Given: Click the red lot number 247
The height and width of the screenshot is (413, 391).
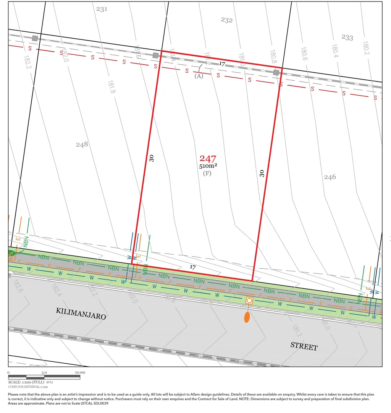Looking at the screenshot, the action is click(x=208, y=159).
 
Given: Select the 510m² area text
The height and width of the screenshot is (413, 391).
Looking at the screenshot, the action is click(x=208, y=166).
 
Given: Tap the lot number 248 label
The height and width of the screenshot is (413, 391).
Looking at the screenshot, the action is click(x=82, y=144).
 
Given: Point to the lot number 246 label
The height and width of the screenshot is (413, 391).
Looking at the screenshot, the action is click(x=330, y=177).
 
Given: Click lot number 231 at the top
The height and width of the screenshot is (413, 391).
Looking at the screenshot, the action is click(x=102, y=9).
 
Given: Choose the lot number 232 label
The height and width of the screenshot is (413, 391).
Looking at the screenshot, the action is click(x=226, y=20).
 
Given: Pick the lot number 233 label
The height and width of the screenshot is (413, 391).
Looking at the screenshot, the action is click(x=347, y=37).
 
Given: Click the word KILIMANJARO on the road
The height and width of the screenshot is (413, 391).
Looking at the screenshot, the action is click(x=81, y=314).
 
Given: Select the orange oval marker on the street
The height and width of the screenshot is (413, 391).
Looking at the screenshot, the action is click(x=247, y=317).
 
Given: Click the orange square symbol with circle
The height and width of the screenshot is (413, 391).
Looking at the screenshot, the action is click(x=249, y=301).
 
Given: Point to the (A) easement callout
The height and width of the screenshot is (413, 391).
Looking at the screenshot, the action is click(x=199, y=76).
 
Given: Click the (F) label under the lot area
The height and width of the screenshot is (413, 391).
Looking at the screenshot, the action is click(x=207, y=173).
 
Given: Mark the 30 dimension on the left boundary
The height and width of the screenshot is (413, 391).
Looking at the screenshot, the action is click(x=152, y=158).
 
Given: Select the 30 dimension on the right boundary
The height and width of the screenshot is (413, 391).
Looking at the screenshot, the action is click(x=262, y=173).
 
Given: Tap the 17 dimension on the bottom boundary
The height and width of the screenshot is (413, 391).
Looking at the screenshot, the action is click(x=193, y=268).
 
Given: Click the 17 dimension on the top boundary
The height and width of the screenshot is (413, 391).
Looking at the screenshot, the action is click(x=222, y=64).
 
